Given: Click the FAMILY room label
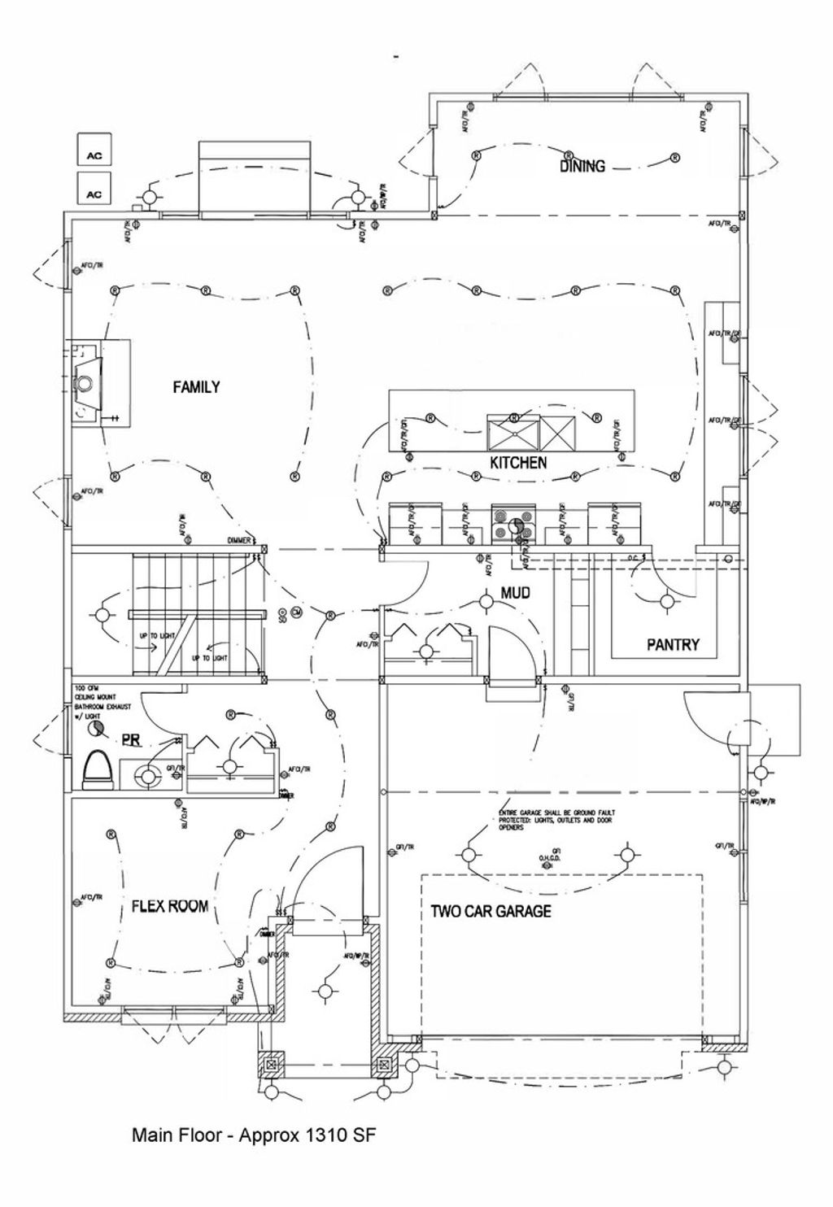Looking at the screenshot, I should pos(196,387).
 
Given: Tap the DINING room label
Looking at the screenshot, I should pos(582,166).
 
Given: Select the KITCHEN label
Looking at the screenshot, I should pos(517,463).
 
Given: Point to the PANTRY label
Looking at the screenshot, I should pos(673,644).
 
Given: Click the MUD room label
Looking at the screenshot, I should pos(515,594).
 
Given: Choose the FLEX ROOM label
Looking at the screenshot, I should pos(170,906).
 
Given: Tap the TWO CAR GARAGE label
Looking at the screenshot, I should pos(491,911).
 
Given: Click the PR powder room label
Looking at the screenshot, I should pos(131,739).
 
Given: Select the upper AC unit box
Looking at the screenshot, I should pos(94,155).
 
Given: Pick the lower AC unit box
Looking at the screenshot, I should pos(94,194).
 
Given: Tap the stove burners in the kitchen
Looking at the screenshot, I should pos(514,525).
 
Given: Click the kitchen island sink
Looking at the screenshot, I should pos(513,431).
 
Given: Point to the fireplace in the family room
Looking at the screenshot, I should pos(86,380).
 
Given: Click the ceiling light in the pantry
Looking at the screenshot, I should pos(667,602).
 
